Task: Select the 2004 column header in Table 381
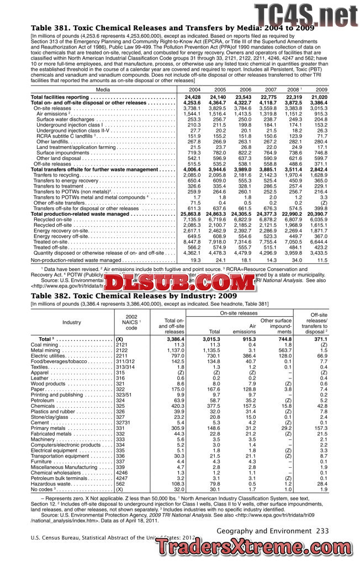(x=195, y=89)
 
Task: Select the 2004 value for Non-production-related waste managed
(x=195, y=259)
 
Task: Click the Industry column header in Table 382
(x=71, y=322)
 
